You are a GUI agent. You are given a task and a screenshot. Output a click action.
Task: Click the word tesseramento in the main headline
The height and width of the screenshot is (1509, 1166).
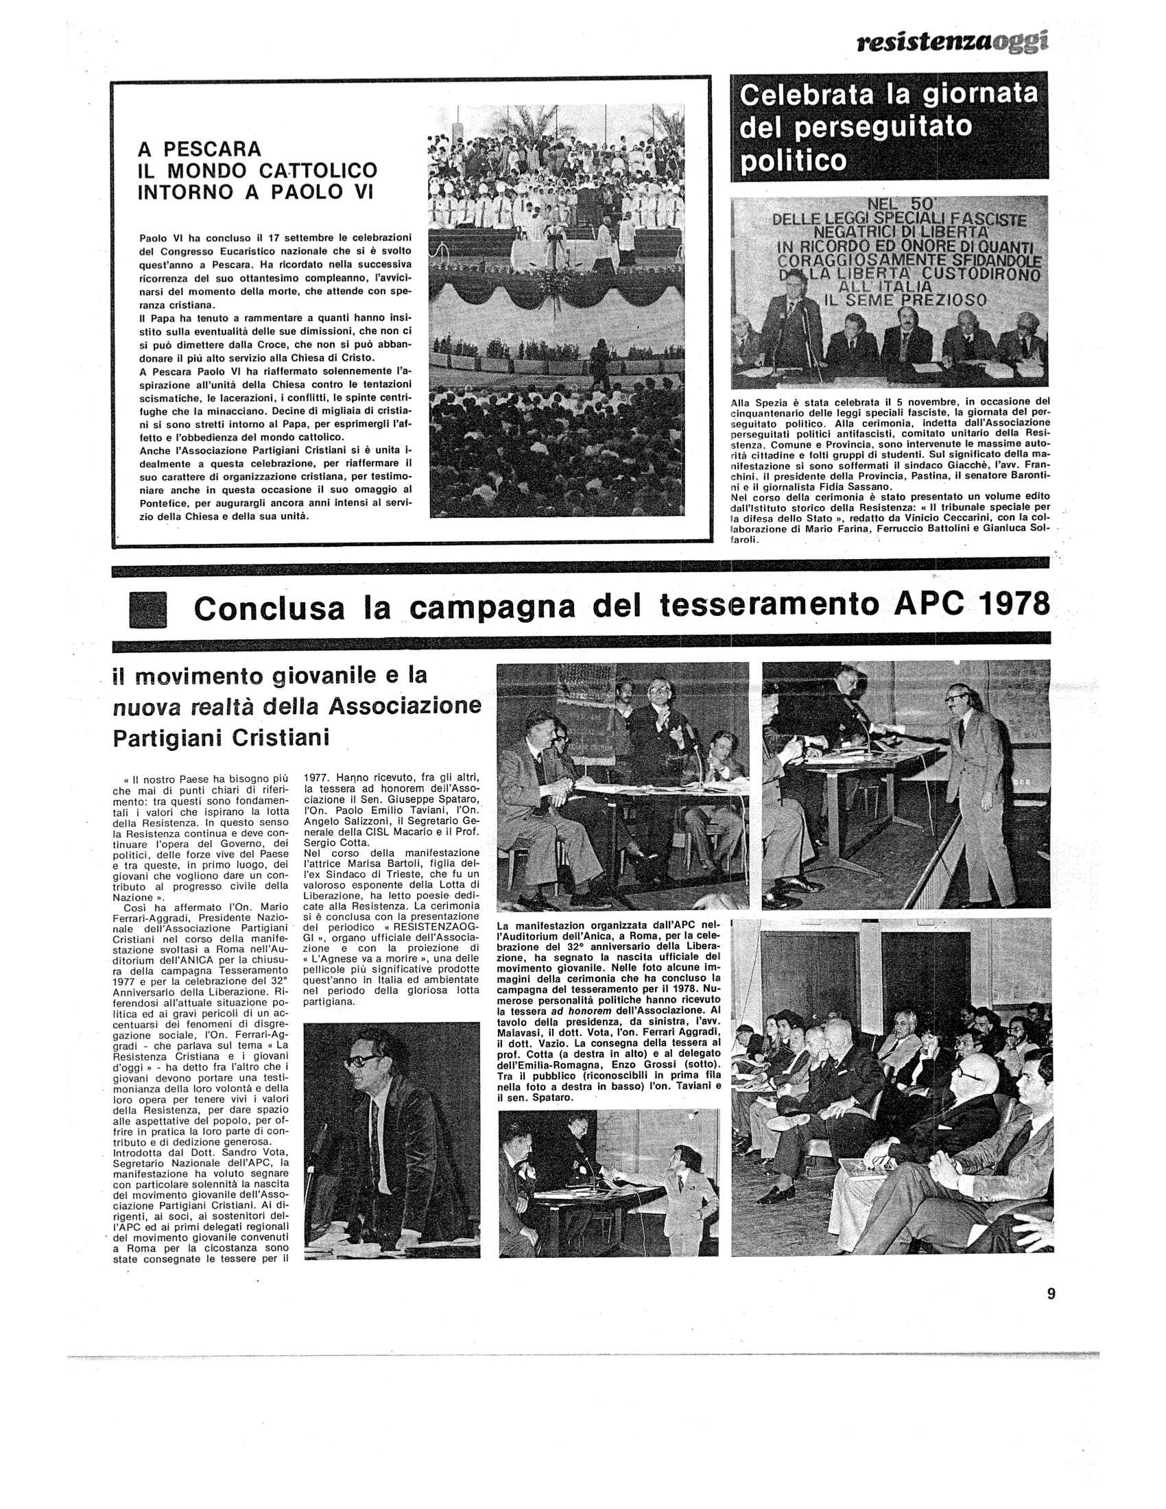[x=770, y=605]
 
